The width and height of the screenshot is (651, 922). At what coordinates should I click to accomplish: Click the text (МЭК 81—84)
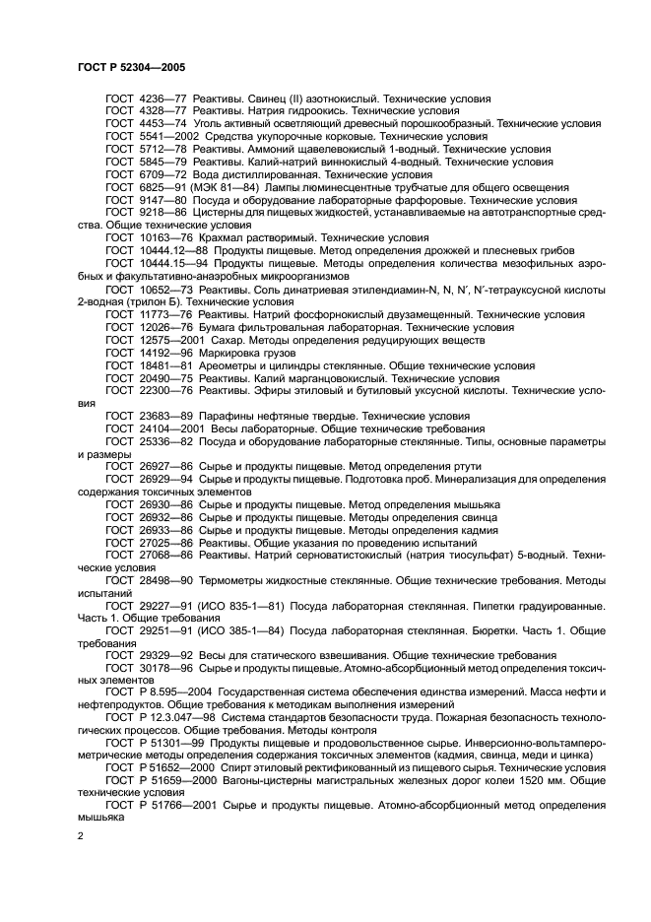(230, 185)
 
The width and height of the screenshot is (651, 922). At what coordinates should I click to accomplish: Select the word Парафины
(224, 416)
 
